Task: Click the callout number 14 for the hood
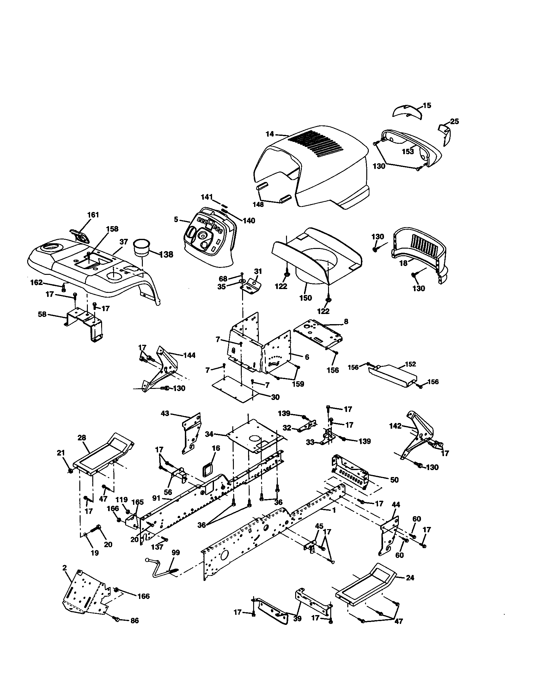pos(270,134)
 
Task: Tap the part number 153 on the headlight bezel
pos(408,151)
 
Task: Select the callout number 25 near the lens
pos(454,121)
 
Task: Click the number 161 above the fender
pos(93,215)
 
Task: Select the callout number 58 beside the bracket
pos(42,314)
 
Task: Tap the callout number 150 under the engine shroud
pos(306,298)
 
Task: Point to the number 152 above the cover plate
pos(411,364)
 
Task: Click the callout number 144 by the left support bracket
pos(189,355)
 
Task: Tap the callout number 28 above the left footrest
pos(82,438)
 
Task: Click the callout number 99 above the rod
pos(175,553)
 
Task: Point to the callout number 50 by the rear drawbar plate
pos(394,480)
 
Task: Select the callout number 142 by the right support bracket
pos(395,426)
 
